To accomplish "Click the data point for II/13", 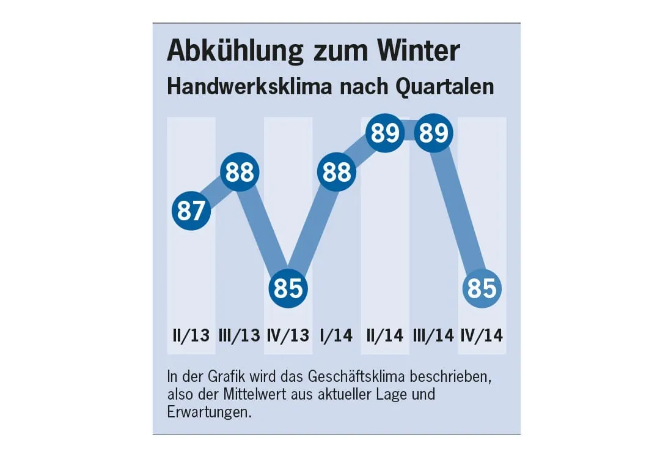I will tap(191, 211).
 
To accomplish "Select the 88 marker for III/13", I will tap(240, 172).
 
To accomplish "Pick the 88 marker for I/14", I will tap(337, 172).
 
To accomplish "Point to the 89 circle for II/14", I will tap(385, 133).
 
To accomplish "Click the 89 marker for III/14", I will tap(433, 133).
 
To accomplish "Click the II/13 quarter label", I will tap(191, 335).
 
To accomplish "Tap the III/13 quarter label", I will tap(239, 335).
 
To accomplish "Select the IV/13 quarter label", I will tap(288, 335).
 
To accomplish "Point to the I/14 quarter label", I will tap(337, 335).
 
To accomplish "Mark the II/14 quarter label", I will tap(385, 335).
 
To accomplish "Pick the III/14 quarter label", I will tap(433, 335).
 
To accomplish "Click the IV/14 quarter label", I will tap(482, 335).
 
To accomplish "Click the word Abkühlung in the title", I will tap(235, 51).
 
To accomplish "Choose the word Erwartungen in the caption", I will tap(208, 412).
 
